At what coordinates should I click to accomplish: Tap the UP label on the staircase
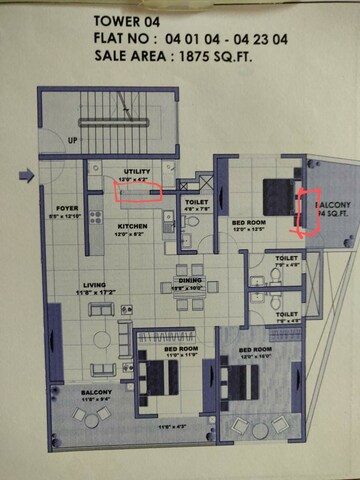tap(71, 141)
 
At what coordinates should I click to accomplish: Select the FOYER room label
tap(67, 209)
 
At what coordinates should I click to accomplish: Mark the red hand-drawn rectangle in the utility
tap(138, 193)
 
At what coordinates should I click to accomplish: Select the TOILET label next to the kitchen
tap(195, 203)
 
